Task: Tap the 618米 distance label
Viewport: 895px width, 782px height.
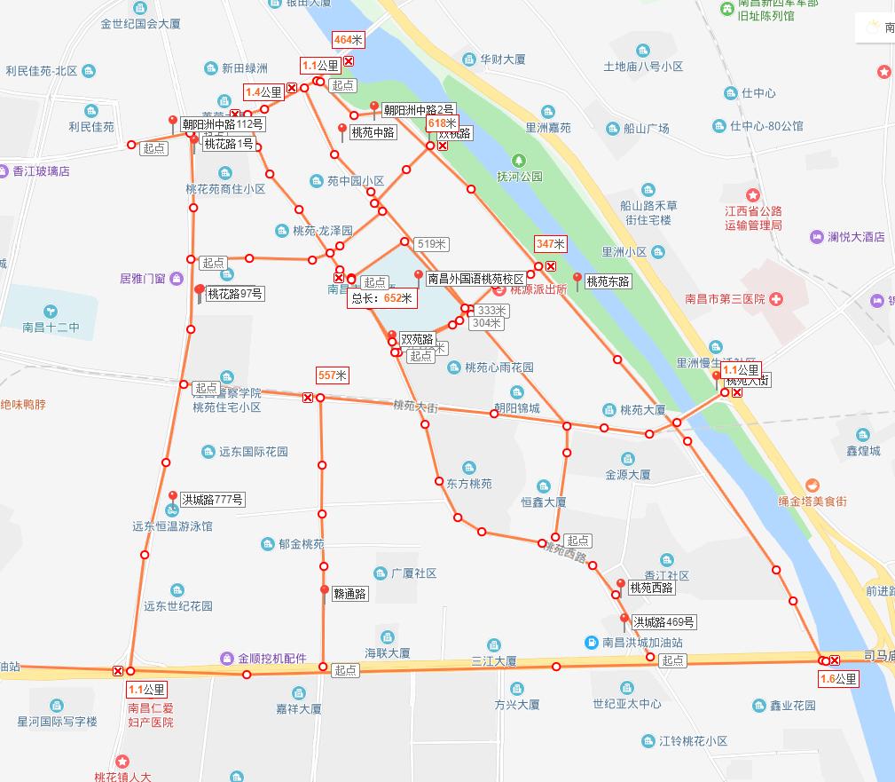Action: (x=442, y=123)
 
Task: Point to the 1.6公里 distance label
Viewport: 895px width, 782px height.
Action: (x=838, y=679)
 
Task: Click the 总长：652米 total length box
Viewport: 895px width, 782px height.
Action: (x=383, y=299)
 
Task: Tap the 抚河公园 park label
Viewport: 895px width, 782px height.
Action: (x=519, y=176)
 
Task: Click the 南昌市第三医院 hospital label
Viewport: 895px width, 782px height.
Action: (x=725, y=299)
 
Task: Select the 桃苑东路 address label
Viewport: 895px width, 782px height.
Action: (x=608, y=280)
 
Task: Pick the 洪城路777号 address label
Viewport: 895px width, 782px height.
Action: (x=212, y=500)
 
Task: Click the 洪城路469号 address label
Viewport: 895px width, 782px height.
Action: (x=663, y=621)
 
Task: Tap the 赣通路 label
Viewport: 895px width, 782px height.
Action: (x=349, y=595)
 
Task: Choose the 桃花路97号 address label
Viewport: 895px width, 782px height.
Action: (x=234, y=294)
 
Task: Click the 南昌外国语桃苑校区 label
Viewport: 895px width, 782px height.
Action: (x=475, y=278)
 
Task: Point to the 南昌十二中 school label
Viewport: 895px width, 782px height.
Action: (x=51, y=328)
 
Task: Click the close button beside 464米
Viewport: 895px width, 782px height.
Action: (x=349, y=60)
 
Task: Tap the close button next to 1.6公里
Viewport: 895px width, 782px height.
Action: (x=835, y=660)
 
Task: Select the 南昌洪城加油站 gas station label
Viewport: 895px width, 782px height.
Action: (x=642, y=642)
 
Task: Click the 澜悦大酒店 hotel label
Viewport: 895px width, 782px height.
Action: (x=856, y=237)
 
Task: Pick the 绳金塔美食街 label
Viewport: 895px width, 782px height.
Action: (x=813, y=502)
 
